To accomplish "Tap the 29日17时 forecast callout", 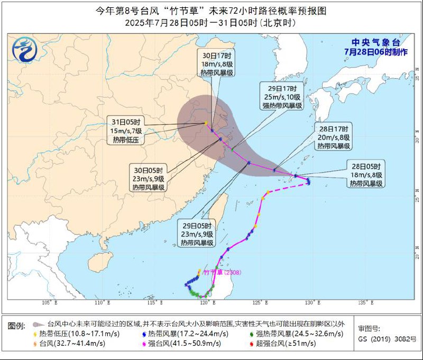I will click(x=282, y=96).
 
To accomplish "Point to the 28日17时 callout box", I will click(x=333, y=137).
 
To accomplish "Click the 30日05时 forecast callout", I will click(x=149, y=178).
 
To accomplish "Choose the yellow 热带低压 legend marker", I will click(x=35, y=334).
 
